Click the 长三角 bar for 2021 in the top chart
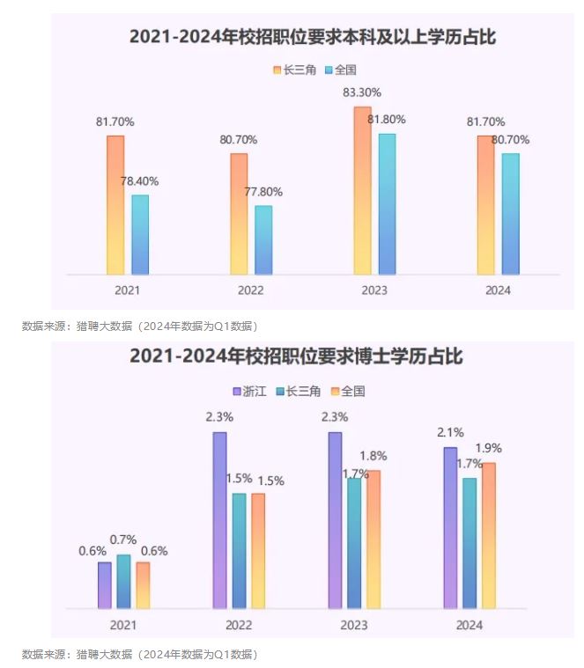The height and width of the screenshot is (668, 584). [x=115, y=205]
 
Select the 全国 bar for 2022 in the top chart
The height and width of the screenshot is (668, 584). [x=263, y=239]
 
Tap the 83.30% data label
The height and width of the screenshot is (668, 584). [x=362, y=92]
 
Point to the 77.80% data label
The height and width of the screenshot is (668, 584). [x=263, y=192]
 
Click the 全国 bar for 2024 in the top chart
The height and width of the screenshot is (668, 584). [x=510, y=214]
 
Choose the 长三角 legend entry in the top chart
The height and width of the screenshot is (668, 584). [x=295, y=70]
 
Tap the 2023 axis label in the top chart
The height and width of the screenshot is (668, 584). [x=374, y=290]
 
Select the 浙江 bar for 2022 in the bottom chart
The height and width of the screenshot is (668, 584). [x=219, y=519]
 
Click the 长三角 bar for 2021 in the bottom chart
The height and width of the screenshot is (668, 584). [x=123, y=581]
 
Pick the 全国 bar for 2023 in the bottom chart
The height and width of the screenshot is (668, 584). [x=373, y=539]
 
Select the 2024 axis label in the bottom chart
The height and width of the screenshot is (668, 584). [x=469, y=624]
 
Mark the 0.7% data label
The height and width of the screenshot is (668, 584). [x=123, y=540]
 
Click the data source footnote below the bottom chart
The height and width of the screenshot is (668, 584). [x=139, y=655]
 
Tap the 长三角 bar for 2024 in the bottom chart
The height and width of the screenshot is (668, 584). [x=469, y=542]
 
